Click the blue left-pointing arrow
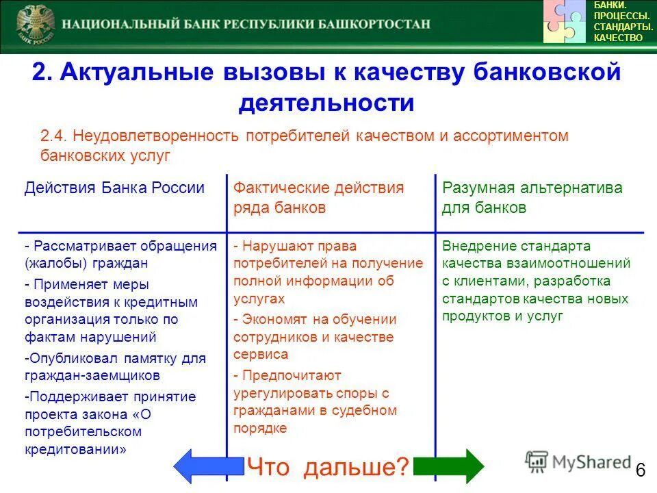pos(207,467)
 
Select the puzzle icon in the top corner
pos(565,22)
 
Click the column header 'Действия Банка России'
pos(114,188)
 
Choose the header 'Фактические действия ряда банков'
pos(318,197)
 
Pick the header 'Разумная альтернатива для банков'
pos(532,197)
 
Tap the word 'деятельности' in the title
pos(326,103)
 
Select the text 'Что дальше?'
pos(328,468)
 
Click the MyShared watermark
pos(578,462)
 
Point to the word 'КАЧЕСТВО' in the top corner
pos(618,38)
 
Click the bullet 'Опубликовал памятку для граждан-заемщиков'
pos(114,366)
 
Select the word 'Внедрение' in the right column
pos(476,246)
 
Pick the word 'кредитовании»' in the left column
pos(75,450)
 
